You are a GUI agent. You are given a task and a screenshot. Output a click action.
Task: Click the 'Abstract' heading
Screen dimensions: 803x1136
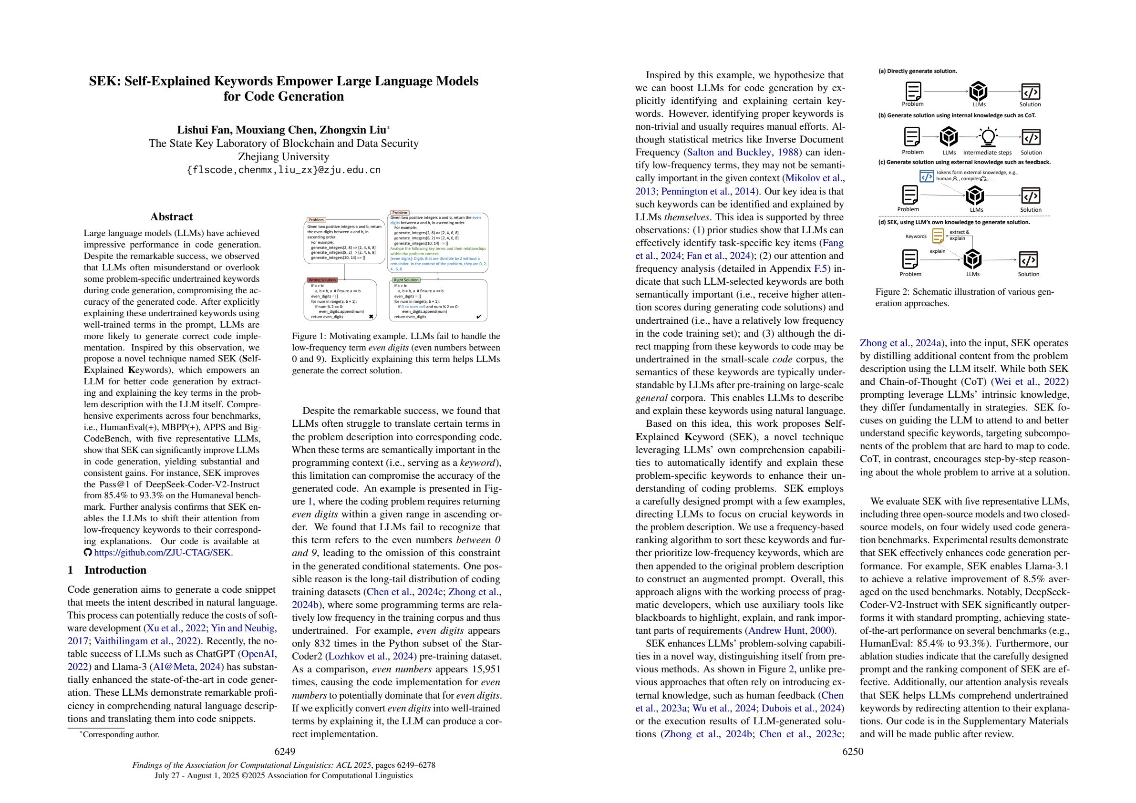click(171, 216)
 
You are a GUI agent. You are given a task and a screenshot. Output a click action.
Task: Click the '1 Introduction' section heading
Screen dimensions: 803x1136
click(107, 570)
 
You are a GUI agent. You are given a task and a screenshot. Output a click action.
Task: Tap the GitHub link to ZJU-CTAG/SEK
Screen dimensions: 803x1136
click(163, 553)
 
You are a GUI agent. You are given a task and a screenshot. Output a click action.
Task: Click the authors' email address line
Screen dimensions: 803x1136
click(283, 170)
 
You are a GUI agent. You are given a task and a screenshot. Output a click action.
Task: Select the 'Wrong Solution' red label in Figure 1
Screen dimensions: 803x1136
click(322, 280)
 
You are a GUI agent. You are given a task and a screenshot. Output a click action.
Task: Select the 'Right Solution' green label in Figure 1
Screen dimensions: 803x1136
click(406, 280)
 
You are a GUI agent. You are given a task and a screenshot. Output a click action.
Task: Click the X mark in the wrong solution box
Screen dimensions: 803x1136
click(371, 316)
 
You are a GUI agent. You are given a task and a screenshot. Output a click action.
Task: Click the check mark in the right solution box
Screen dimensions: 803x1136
click(478, 316)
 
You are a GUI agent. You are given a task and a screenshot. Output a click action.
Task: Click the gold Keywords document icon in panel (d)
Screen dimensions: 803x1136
click(938, 236)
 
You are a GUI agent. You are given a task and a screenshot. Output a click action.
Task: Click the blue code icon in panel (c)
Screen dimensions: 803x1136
click(926, 176)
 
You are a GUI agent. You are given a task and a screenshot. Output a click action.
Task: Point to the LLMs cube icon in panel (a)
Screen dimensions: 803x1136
click(979, 92)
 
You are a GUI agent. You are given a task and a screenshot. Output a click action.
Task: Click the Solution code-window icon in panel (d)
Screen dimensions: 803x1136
click(1029, 260)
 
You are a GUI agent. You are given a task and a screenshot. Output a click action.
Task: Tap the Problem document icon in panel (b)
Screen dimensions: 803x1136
click(912, 137)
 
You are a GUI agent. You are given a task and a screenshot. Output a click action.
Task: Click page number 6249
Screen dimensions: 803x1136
click(285, 752)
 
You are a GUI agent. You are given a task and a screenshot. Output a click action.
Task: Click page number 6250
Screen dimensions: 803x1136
click(853, 752)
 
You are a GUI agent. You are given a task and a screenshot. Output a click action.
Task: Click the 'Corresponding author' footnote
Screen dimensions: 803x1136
click(120, 735)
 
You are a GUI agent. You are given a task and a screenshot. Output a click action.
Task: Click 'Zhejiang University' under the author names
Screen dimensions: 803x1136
click(283, 157)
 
